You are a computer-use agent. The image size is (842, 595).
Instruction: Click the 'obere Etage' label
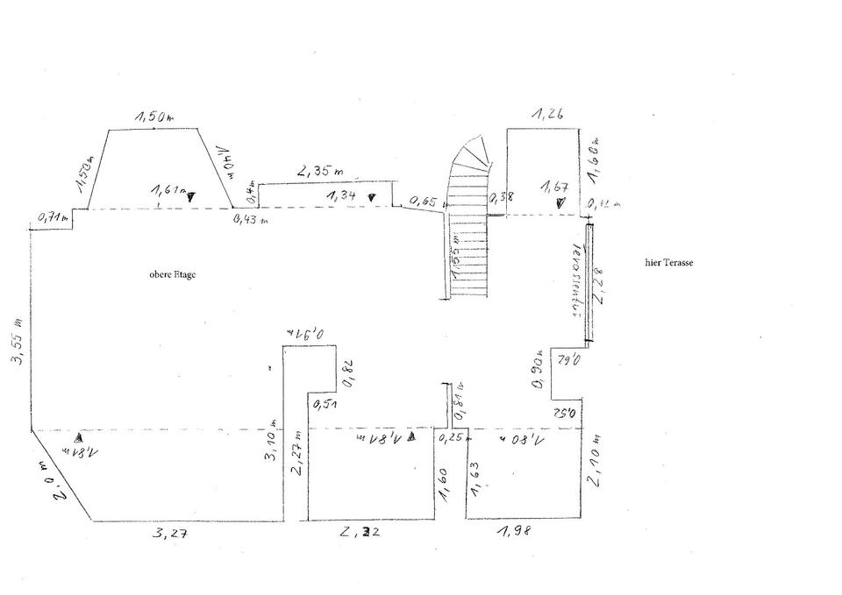[x=172, y=274]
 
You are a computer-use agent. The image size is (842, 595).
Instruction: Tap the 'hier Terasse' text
[x=668, y=262]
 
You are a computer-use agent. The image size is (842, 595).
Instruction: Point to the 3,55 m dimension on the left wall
[x=18, y=340]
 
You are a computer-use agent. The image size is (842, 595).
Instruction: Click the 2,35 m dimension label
[x=320, y=172]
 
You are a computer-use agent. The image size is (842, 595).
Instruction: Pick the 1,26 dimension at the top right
[x=546, y=113]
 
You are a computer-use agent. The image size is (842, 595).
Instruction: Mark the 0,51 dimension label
[x=325, y=404]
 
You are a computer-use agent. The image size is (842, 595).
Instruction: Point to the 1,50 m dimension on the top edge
[x=153, y=117]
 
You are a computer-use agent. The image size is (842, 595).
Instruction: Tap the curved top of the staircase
[x=475, y=154]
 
